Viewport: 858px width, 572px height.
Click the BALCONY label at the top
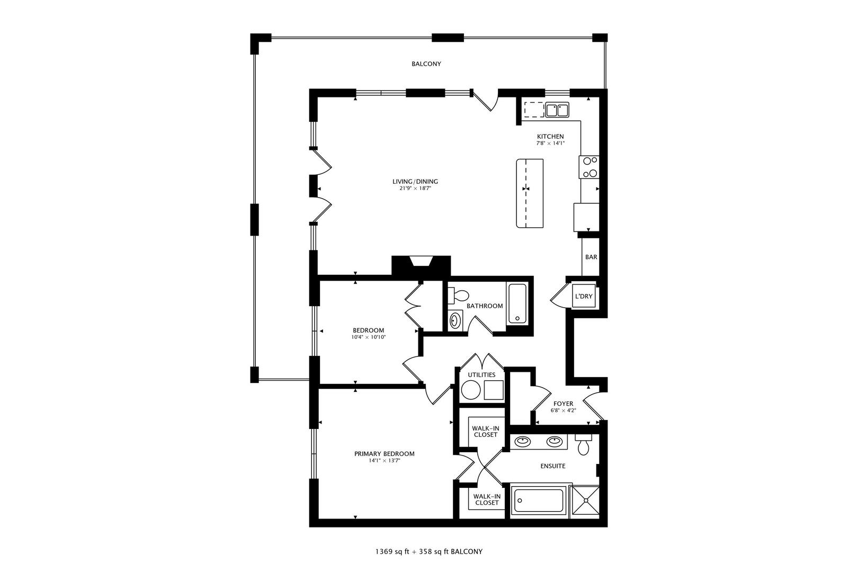(426, 64)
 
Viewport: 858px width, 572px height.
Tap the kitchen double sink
(557, 110)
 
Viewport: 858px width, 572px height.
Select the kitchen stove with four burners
(589, 167)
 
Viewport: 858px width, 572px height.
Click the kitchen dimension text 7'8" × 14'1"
(550, 144)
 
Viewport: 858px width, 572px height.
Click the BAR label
(591, 257)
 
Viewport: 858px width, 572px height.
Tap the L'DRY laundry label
(583, 297)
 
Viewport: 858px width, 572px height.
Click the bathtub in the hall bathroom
(517, 303)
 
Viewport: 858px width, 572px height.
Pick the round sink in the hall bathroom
(455, 320)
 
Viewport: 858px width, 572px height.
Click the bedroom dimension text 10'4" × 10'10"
(368, 337)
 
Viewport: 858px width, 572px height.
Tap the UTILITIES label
(481, 375)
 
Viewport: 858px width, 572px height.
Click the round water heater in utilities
(470, 391)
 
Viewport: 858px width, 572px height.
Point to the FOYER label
(563, 404)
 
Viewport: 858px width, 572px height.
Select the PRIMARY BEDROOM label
(384, 454)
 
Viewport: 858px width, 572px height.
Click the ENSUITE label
(552, 466)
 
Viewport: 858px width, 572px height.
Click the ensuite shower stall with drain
(586, 501)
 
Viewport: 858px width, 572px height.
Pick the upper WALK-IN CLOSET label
(486, 431)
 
